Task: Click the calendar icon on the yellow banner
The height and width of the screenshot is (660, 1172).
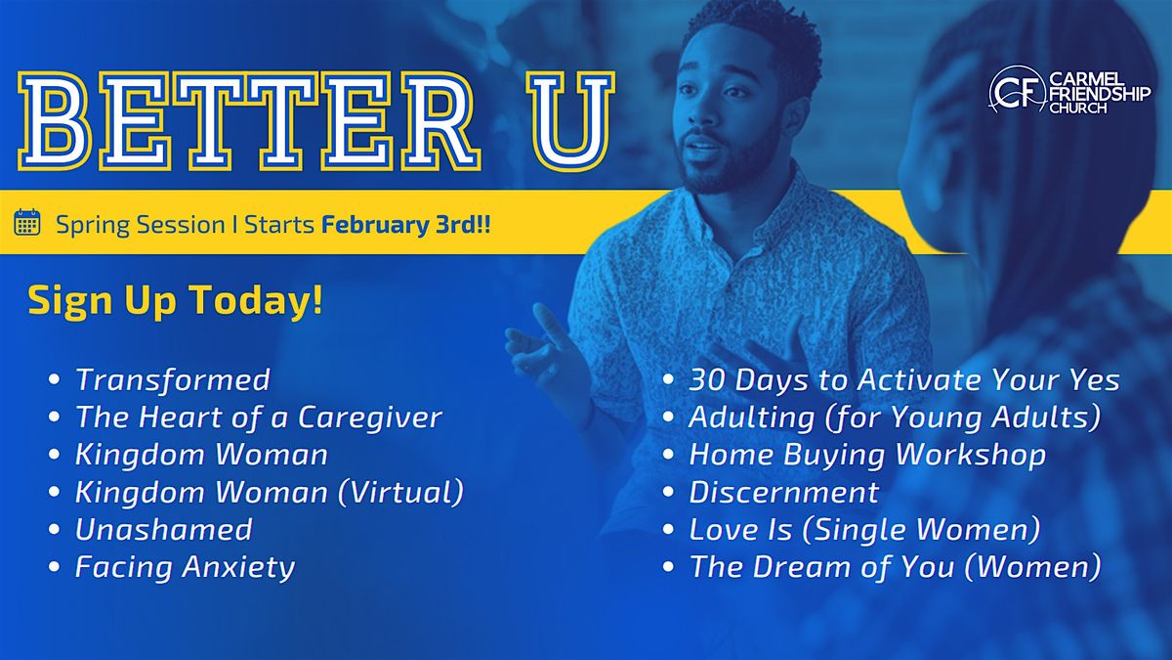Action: [x=27, y=222]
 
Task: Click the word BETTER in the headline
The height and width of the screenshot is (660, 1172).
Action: [x=249, y=121]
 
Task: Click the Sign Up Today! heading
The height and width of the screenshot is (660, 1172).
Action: [x=175, y=300]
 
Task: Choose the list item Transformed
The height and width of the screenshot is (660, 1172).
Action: [x=173, y=379]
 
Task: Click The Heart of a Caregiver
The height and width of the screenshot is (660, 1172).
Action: [x=259, y=417]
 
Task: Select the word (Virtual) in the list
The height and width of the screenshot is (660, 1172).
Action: [x=400, y=492]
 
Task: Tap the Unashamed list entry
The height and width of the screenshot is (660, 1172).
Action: [x=164, y=529]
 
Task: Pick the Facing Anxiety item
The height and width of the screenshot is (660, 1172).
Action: [x=186, y=567]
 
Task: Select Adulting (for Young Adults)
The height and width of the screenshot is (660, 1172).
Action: [x=896, y=418]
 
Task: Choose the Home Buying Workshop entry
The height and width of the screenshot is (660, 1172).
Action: [x=867, y=455]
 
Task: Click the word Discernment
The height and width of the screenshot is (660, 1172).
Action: [x=783, y=493]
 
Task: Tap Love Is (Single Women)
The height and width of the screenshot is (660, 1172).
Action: [x=864, y=530]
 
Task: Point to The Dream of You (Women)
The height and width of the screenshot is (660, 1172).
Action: [x=896, y=567]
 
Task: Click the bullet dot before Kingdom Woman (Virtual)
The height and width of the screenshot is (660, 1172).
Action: [x=54, y=493]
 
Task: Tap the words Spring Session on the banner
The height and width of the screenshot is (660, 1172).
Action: [x=141, y=225]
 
